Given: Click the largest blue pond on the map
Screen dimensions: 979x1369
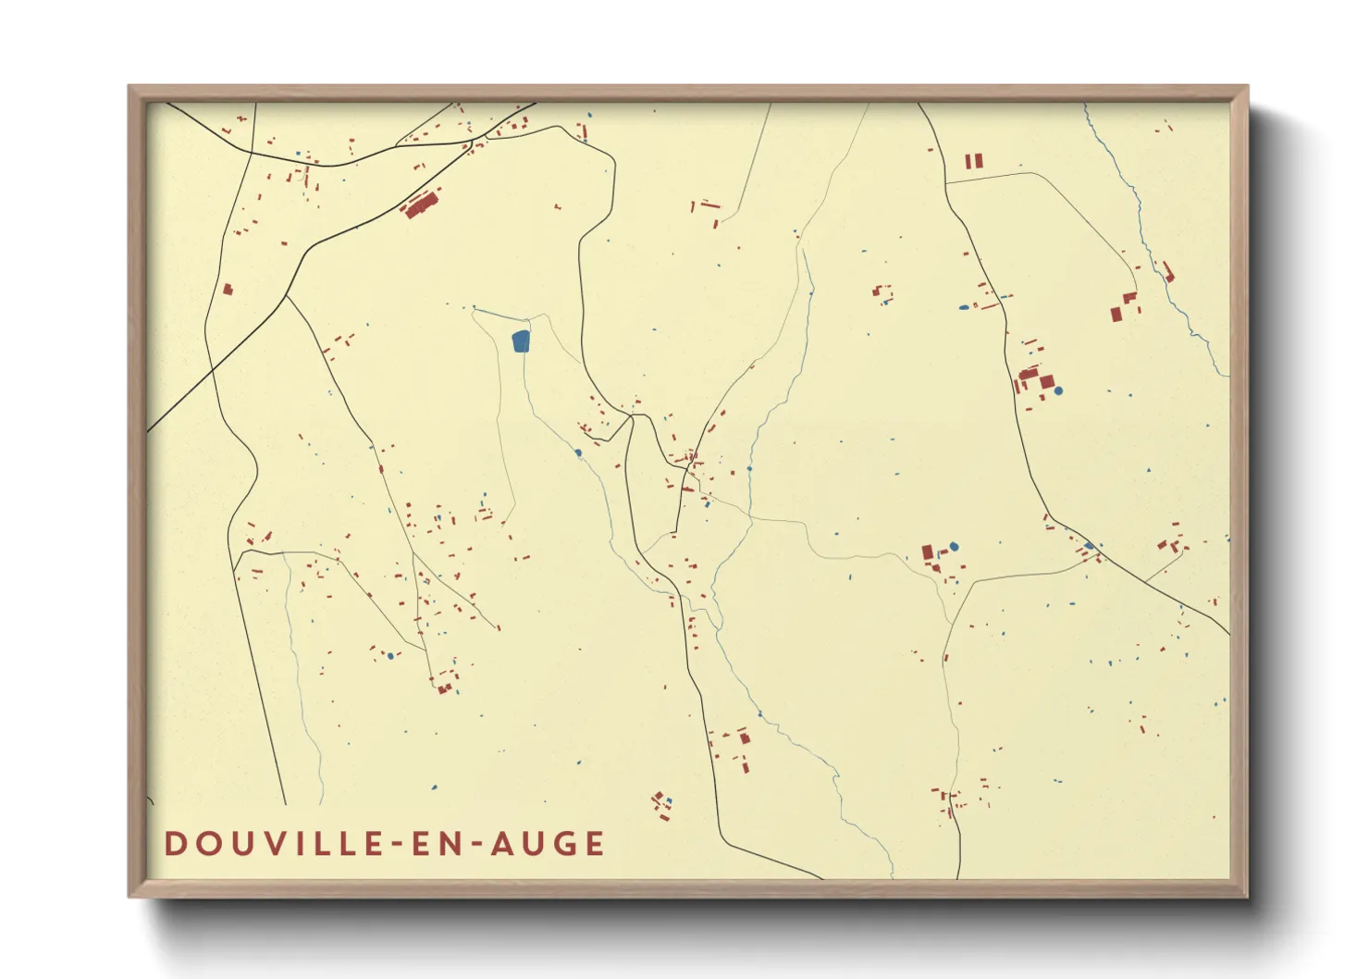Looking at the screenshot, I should click(x=521, y=341).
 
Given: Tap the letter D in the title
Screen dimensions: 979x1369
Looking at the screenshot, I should click(x=175, y=844).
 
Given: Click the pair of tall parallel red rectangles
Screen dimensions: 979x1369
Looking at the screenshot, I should click(x=974, y=161).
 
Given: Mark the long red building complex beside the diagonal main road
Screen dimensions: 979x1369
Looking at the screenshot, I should click(x=422, y=204).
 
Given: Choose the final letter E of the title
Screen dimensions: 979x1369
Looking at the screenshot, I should click(x=594, y=844).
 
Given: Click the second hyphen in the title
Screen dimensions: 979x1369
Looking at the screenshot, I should click(x=479, y=845).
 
